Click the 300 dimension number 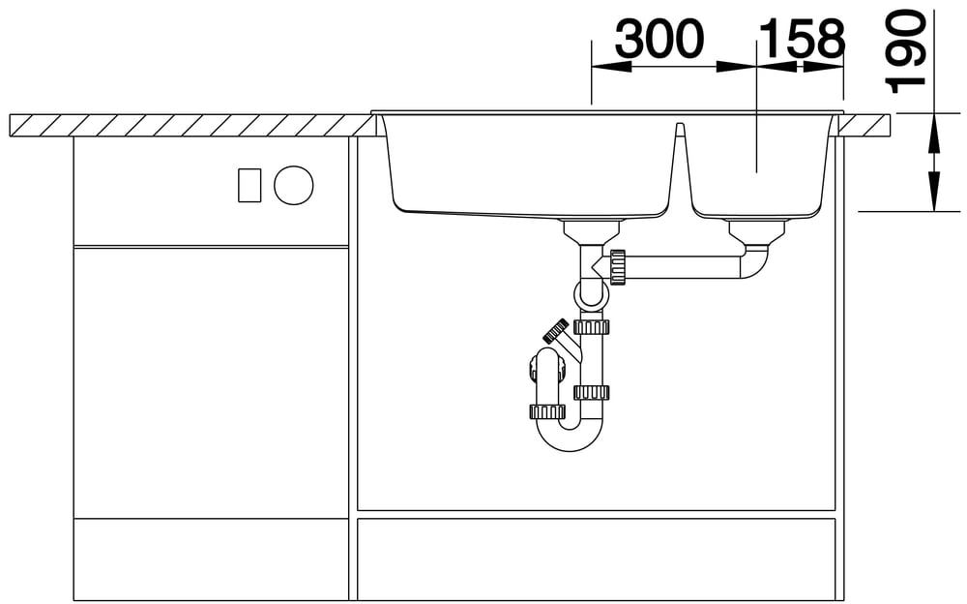(x=659, y=39)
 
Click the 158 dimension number (x=802, y=39)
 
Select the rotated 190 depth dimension (x=906, y=50)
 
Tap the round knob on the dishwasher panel (x=294, y=185)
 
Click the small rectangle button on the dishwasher (x=249, y=185)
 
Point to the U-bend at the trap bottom (x=569, y=435)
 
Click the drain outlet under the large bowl (x=592, y=231)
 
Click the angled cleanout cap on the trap (x=556, y=330)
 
